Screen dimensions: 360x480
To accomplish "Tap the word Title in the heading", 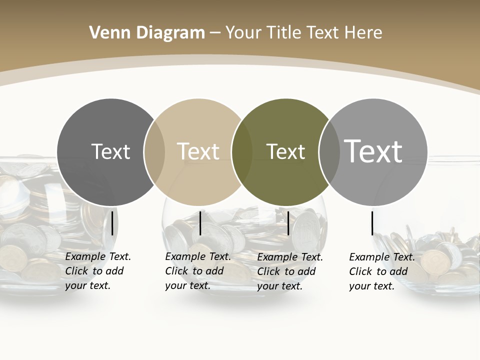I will [283, 33].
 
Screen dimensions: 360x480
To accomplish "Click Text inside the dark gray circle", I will [110, 151].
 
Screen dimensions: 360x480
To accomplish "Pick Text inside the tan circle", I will [198, 151].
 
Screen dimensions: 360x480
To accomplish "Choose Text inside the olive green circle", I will [285, 151].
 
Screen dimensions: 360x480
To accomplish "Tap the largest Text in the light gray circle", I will [373, 151].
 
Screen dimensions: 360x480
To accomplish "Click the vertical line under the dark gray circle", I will [112, 223].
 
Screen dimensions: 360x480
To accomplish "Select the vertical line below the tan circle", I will [200, 223].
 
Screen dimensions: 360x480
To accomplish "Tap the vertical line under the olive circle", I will [288, 223].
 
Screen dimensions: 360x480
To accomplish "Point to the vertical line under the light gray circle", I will [372, 223].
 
